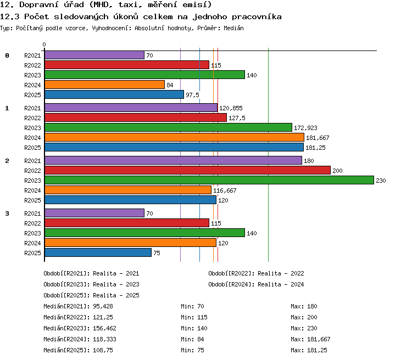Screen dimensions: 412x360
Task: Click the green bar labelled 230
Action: click(209, 180)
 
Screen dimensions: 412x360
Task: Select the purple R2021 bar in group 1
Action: click(131, 108)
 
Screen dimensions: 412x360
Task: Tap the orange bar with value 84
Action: click(104, 85)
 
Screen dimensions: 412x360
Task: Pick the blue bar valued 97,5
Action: click(114, 94)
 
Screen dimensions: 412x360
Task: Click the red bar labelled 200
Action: click(188, 170)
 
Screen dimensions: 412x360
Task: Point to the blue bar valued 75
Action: click(98, 252)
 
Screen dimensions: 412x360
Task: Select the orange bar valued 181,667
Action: click(175, 137)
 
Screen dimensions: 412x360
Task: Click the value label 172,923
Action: click(305, 128)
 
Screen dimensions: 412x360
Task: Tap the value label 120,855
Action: click(231, 108)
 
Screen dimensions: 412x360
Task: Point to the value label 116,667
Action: click(225, 190)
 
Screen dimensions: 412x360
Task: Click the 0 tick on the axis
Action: click(44, 44)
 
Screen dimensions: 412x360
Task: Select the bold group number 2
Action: click(7, 161)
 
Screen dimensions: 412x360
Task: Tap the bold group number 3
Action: click(7, 213)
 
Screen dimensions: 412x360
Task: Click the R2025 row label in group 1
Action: click(32, 148)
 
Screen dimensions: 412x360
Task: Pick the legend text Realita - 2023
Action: click(116, 284)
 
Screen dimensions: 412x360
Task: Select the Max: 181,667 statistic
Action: click(310, 339)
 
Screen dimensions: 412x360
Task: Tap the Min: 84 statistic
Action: click(192, 339)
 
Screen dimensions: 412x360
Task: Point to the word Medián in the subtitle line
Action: click(233, 28)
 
